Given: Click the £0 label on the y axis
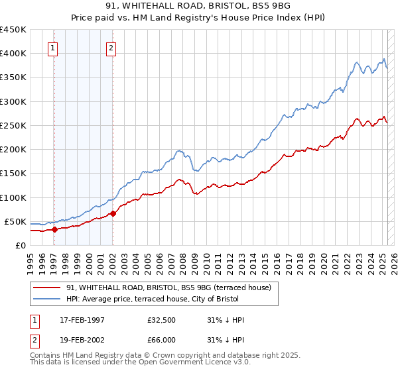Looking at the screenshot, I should pyautogui.click(x=20, y=245).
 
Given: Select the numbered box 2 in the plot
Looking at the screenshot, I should pyautogui.click(x=111, y=48).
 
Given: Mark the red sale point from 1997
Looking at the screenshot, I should pyautogui.click(x=55, y=229).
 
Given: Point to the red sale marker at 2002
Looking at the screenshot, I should pyautogui.click(x=113, y=213).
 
